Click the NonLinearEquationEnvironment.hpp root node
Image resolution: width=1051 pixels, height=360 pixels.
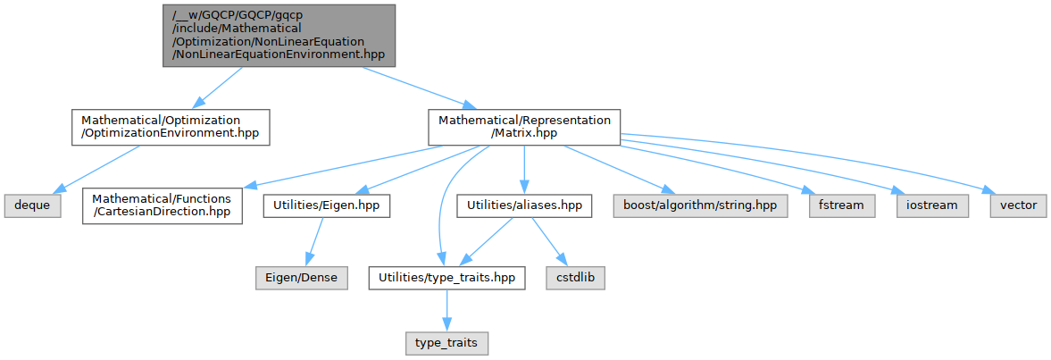pos(278,35)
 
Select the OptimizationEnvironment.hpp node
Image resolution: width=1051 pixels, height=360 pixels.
pos(170,128)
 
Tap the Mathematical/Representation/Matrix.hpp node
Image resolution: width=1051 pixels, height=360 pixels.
pos(523,128)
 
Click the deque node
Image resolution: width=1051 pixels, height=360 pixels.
pos(30,205)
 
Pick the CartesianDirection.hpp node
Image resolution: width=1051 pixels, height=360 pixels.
pos(163,205)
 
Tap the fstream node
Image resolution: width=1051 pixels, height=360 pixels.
pos(840,205)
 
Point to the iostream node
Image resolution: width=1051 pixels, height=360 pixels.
pos(932,205)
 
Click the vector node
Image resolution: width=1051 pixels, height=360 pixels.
pos(1018,205)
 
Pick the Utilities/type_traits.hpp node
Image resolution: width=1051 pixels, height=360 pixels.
pos(446,278)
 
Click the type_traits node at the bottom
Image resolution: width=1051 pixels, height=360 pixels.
pos(446,342)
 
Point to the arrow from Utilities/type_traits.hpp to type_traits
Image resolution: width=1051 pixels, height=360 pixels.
pos(446,310)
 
